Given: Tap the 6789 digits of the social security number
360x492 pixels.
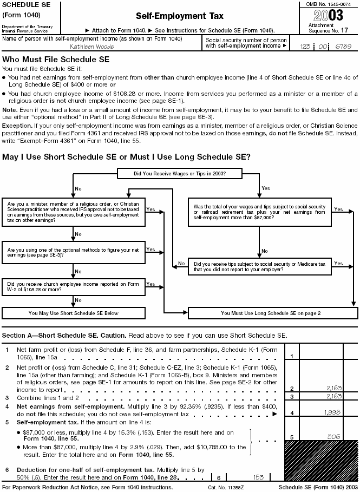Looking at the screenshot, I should click(344, 47).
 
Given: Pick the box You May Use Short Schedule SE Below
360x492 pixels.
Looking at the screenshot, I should click(74, 313).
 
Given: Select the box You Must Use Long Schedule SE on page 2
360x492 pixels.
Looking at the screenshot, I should click(271, 313).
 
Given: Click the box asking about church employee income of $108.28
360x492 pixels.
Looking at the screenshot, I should click(74, 287).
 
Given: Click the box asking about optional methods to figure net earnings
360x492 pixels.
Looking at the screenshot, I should click(74, 252).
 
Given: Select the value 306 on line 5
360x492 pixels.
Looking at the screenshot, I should click(335, 436).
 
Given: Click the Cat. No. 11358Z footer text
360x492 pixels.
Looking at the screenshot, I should click(226, 488).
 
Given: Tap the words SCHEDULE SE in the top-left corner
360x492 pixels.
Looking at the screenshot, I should click(25, 4).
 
